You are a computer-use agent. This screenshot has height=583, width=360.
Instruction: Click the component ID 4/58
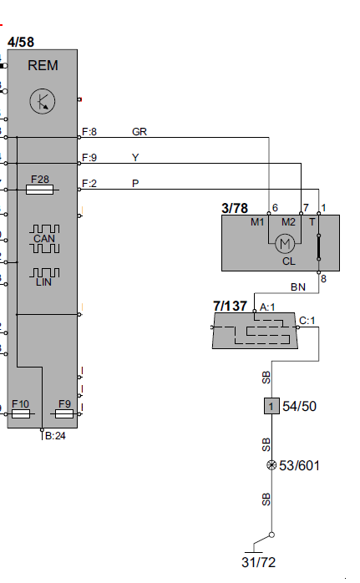(x=21, y=41)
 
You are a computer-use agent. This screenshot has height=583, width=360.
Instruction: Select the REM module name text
(x=42, y=65)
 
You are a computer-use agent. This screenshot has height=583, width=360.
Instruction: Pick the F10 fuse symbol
(x=22, y=413)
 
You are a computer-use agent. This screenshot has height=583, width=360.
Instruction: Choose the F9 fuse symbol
(x=64, y=413)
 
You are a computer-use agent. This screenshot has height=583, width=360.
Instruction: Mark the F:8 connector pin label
(x=90, y=132)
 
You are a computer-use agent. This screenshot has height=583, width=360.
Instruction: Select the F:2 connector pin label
(x=90, y=184)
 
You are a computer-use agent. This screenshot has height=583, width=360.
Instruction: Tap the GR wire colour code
(x=139, y=132)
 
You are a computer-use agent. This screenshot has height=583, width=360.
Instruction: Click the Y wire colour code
(x=136, y=158)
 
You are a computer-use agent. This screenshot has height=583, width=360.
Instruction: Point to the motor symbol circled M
(x=286, y=243)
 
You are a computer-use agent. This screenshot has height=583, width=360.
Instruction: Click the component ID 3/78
(x=236, y=207)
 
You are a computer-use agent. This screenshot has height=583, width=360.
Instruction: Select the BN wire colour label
(x=297, y=286)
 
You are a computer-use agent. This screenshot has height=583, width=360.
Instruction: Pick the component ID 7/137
(x=231, y=307)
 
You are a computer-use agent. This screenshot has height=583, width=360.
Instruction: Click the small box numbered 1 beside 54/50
(x=271, y=407)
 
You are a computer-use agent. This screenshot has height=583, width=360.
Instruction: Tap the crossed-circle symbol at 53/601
(x=271, y=465)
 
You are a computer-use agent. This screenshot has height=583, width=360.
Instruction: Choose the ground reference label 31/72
(x=258, y=562)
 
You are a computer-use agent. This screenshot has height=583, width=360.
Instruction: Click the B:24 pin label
(x=56, y=435)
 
